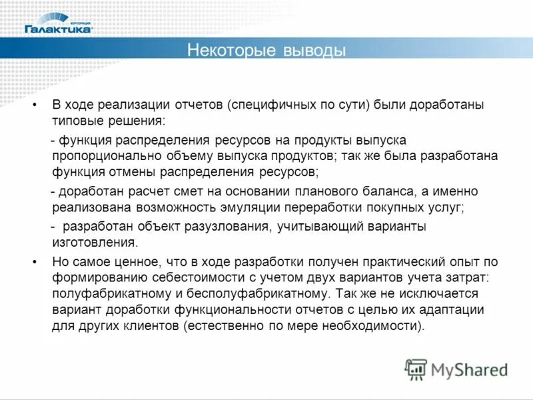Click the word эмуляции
[x=254, y=207]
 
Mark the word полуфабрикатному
[x=106, y=293]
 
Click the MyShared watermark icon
[x=416, y=369]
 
